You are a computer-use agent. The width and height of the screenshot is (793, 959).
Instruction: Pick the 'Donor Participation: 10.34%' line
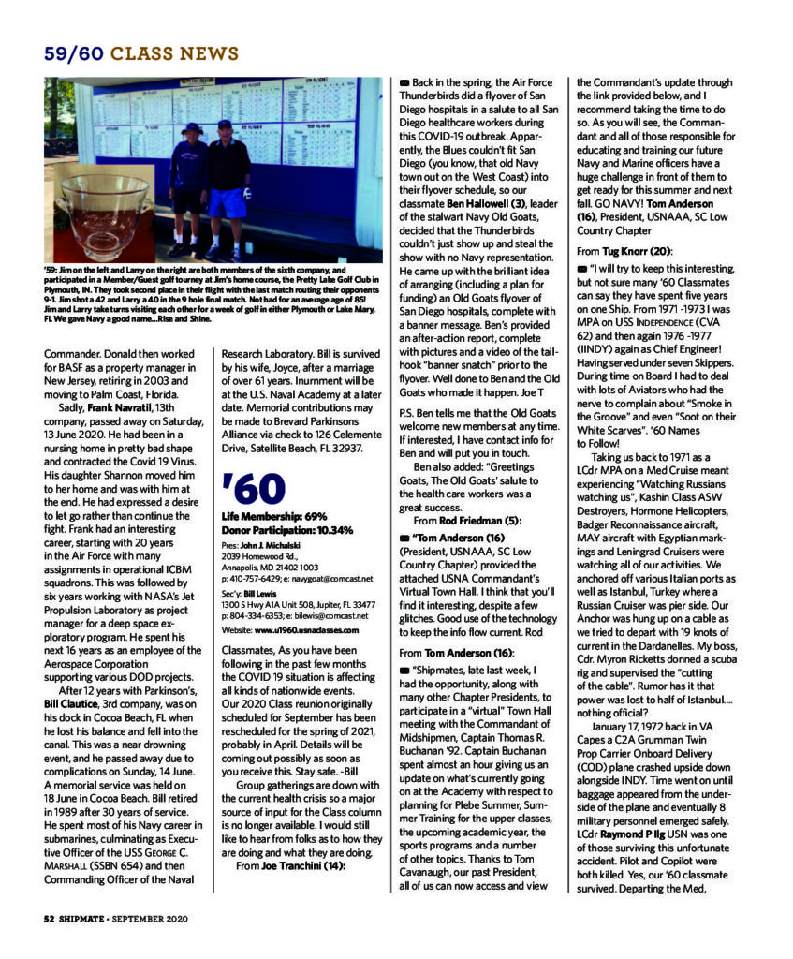[286, 530]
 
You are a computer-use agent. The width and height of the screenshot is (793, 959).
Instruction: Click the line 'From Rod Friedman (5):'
[467, 520]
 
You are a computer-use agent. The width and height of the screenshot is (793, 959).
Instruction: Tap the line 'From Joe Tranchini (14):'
[291, 865]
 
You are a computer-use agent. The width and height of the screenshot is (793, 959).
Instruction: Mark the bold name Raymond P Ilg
[641, 833]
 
